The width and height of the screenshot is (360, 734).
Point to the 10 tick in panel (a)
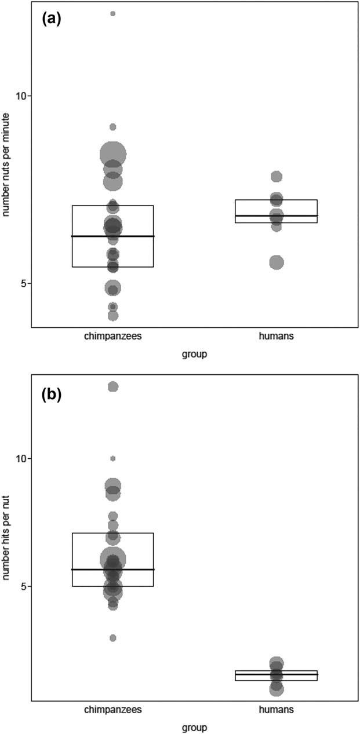coord(23,96)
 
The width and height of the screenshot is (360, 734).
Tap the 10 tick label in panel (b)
coord(23,458)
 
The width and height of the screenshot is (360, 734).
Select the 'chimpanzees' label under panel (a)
coord(112,337)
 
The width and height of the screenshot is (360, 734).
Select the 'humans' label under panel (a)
coord(277,337)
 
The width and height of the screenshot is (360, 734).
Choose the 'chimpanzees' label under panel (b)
coord(112,709)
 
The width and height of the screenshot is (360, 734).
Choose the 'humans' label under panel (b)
coord(277,709)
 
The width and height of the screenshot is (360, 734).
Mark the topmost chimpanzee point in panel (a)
coord(113,13)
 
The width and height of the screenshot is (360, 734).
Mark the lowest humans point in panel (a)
coord(277,262)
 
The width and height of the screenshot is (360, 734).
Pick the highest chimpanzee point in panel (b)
coord(113,386)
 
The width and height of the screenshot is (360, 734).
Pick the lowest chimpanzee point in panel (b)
coord(113,638)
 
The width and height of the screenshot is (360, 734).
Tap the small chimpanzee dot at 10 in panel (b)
coord(113,458)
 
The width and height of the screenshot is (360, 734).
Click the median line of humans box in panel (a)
coord(277,216)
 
